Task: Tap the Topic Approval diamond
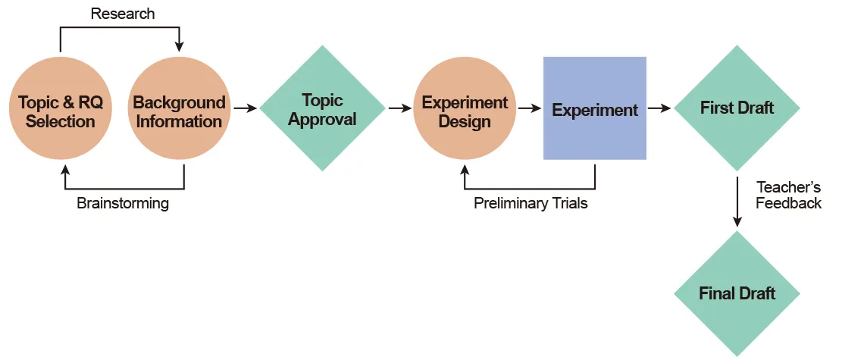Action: (322, 108)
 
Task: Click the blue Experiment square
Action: (595, 108)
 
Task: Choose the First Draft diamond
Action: (737, 108)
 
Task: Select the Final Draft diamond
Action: (737, 293)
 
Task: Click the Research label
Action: (122, 14)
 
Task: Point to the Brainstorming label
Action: (123, 204)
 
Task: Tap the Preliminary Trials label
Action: (531, 204)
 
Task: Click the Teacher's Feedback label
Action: (788, 195)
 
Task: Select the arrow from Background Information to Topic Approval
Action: (245, 108)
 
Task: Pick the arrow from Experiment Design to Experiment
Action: (529, 108)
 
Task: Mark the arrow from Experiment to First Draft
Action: (659, 108)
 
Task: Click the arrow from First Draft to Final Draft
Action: (737, 201)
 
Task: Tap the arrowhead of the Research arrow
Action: (179, 47)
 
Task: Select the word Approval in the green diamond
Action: (322, 120)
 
